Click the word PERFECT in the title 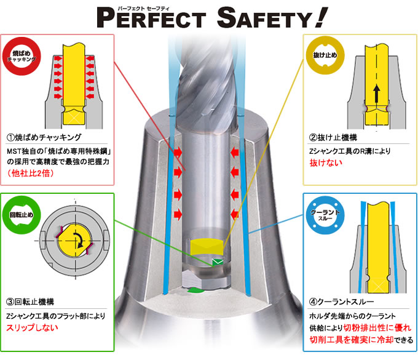[x=151, y=18]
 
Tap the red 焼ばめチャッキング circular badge [x=22, y=57]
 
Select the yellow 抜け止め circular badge [x=325, y=55]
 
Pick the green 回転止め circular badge [x=22, y=215]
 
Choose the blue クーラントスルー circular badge [x=325, y=215]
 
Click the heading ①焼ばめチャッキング [x=44, y=137]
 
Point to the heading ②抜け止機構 [x=333, y=137]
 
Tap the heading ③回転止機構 [x=30, y=302]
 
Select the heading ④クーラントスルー [x=342, y=302]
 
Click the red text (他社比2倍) [x=31, y=174]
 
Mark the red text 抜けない [x=326, y=162]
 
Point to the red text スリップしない [x=32, y=327]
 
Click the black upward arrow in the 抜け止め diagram [x=376, y=94]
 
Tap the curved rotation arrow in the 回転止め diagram [x=80, y=239]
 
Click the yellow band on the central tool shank [x=207, y=247]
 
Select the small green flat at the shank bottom [x=217, y=262]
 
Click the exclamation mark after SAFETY [x=320, y=17]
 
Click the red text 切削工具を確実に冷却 [x=352, y=340]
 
